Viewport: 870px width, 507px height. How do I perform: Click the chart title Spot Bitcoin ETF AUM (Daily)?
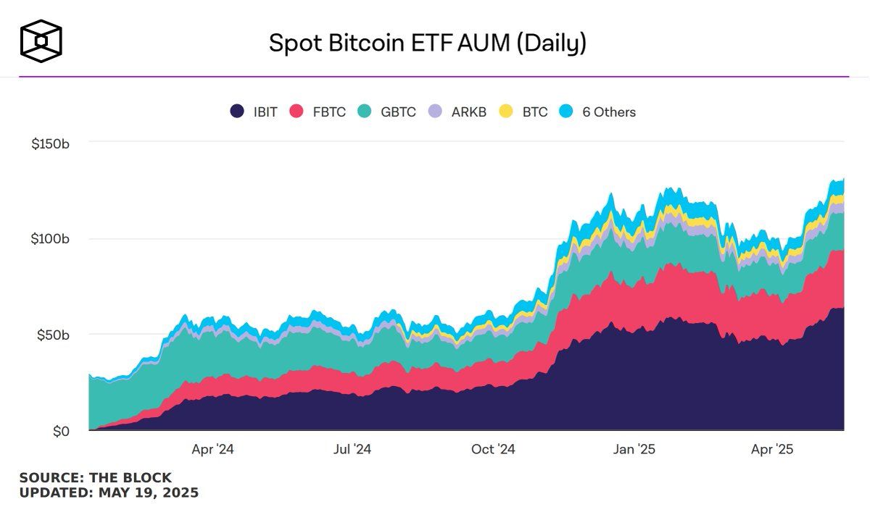[x=428, y=43]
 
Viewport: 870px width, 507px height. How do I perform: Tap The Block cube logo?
[x=41, y=41]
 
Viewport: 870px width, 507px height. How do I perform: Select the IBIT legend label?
[x=265, y=112]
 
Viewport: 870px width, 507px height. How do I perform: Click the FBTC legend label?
[x=328, y=112]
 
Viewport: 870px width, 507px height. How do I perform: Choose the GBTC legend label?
[x=398, y=112]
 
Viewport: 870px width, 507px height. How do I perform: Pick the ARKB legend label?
[x=468, y=112]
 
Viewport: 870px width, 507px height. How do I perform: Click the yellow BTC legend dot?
[x=506, y=112]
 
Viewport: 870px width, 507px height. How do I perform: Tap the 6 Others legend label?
[x=609, y=112]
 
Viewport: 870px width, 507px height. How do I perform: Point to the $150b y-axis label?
[x=50, y=143]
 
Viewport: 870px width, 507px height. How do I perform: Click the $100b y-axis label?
[x=50, y=239]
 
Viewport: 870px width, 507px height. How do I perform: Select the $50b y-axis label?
[x=54, y=335]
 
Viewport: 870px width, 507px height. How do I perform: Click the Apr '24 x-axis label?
[x=212, y=450]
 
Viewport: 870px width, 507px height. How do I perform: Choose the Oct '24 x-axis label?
[x=493, y=450]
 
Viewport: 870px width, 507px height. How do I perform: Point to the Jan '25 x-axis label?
[x=634, y=450]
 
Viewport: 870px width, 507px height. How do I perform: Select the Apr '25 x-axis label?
[x=772, y=450]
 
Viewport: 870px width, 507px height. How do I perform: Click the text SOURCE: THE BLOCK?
[x=95, y=478]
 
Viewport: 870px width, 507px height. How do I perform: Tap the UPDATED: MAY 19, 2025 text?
[x=109, y=493]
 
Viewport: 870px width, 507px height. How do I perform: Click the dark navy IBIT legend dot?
[x=236, y=112]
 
